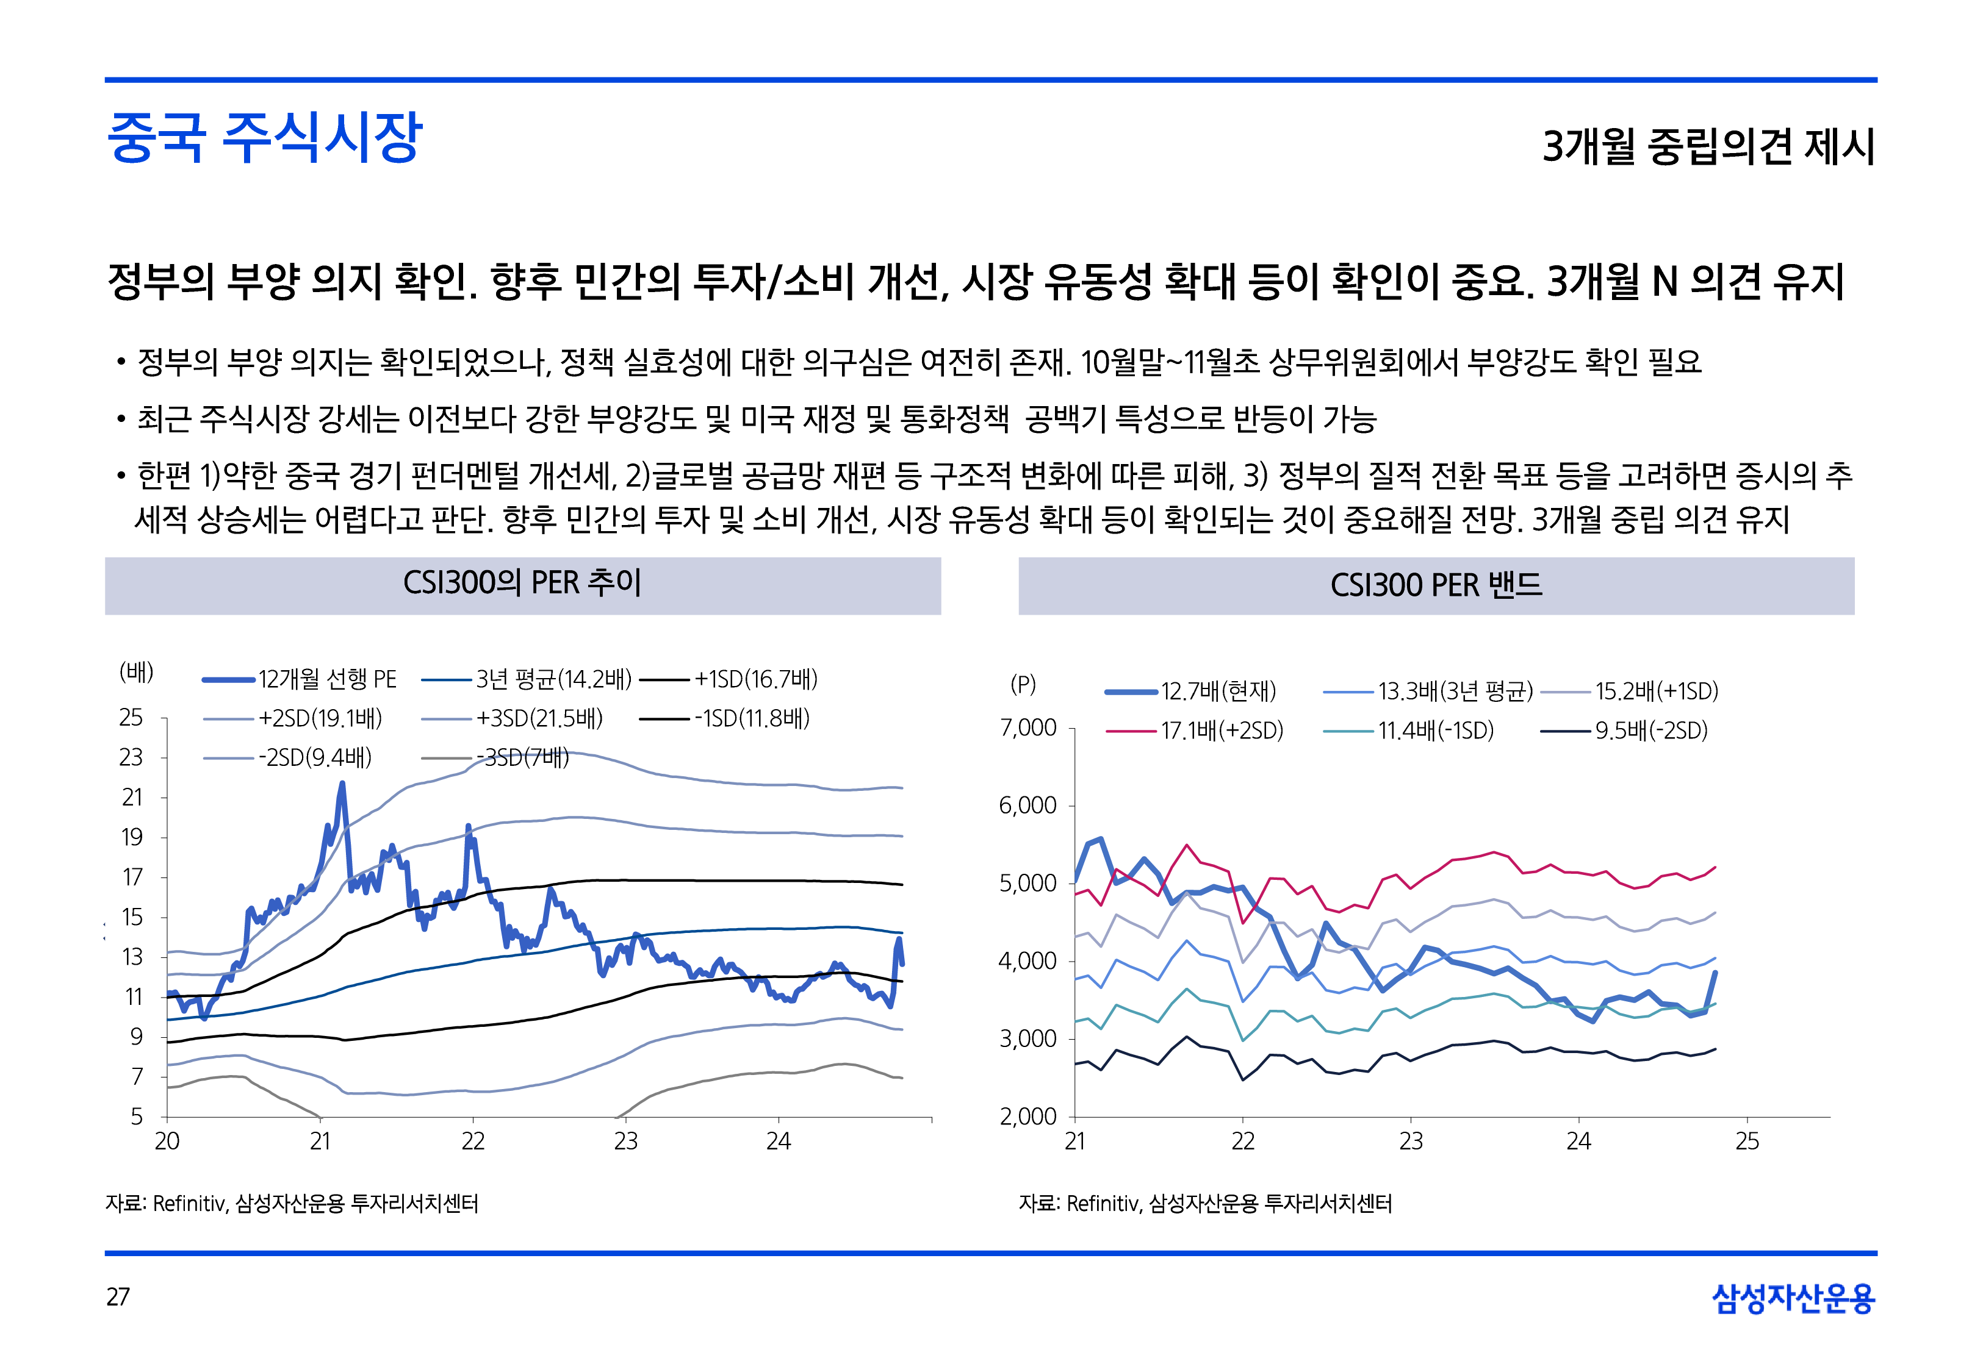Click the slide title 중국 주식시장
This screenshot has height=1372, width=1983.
[264, 138]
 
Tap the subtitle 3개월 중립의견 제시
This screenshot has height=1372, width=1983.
[1708, 146]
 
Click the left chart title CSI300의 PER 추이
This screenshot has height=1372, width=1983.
[522, 583]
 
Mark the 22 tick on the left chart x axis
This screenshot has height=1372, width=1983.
[473, 1141]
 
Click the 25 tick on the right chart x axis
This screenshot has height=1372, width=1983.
[1746, 1142]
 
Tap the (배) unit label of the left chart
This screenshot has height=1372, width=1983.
[136, 671]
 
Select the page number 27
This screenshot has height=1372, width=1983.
[118, 1296]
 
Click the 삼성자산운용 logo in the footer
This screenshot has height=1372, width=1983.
[1793, 1298]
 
